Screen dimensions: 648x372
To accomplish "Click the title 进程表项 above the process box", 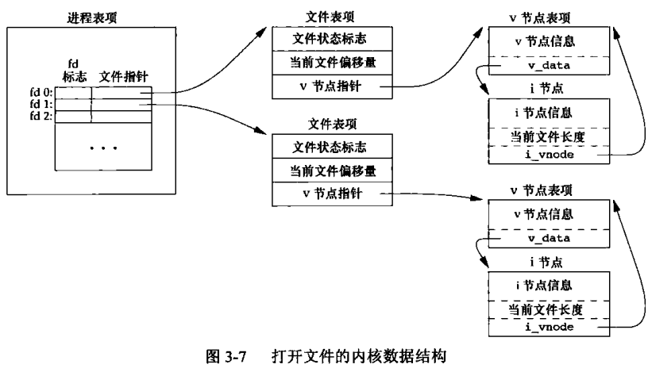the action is coord(92,17).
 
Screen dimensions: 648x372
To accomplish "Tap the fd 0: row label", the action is coord(41,92).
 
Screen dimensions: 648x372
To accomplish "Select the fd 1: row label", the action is coord(41,104).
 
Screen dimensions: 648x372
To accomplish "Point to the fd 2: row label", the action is coord(41,116).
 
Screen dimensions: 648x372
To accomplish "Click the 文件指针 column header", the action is coord(124,76).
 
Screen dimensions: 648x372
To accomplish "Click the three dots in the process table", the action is coord(103,148).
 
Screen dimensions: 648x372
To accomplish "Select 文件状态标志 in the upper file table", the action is coord(330,39).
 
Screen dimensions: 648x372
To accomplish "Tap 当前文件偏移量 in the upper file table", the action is coord(333,63).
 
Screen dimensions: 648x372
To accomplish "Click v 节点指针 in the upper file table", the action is coord(330,86).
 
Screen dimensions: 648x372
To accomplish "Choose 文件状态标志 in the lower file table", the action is coord(330,147).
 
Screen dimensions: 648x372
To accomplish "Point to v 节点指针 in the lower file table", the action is coord(332,194).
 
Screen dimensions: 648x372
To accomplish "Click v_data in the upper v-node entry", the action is coord(550,65).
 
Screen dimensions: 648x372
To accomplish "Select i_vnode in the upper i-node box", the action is coord(550,155).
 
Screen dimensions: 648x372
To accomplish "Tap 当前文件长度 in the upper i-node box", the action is coord(548,136).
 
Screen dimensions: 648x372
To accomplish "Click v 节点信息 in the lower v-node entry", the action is coord(543,214).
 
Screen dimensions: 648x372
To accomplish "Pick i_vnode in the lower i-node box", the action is coord(550,327).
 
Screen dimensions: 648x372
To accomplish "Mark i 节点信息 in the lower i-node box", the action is coord(544,286).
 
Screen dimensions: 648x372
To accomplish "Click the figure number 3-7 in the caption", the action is coord(236,356).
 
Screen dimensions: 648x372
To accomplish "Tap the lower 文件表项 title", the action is coord(332,124).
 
